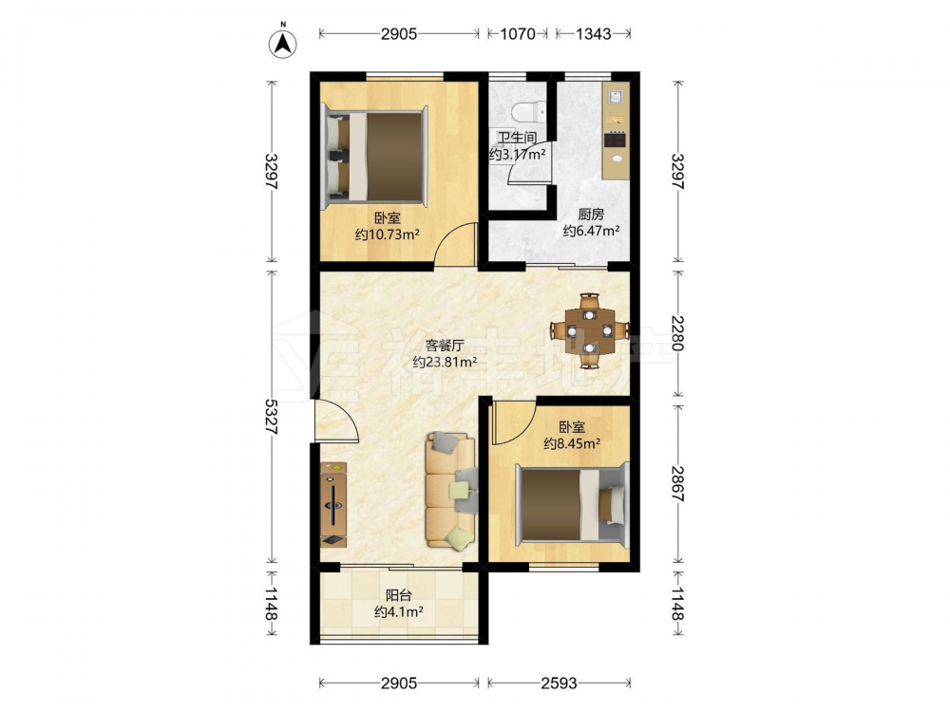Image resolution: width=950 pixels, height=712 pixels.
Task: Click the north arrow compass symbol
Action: point(282,42)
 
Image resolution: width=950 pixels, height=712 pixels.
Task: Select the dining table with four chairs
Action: point(590,330)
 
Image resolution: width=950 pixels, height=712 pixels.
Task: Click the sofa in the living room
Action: point(450,490)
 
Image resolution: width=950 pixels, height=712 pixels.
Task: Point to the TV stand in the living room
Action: point(333,504)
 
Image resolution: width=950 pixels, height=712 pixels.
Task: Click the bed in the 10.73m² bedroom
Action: point(375,157)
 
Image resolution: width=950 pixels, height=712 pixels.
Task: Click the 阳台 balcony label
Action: point(399,595)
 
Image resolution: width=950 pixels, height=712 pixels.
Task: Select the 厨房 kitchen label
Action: point(591,215)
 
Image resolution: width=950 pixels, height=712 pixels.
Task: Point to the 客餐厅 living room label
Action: point(445,346)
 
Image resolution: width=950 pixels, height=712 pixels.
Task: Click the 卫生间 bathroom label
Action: point(517,138)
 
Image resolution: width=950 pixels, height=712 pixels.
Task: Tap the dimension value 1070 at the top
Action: point(518,34)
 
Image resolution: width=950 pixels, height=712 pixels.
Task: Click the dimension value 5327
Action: point(270,417)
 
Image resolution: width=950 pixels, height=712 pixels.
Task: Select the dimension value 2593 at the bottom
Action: point(559,684)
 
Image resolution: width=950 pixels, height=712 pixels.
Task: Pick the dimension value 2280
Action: point(677,333)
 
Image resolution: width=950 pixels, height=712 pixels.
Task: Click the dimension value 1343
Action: point(593,34)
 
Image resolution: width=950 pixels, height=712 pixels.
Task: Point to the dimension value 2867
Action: point(677,483)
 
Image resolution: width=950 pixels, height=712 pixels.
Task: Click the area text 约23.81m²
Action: point(445,363)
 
